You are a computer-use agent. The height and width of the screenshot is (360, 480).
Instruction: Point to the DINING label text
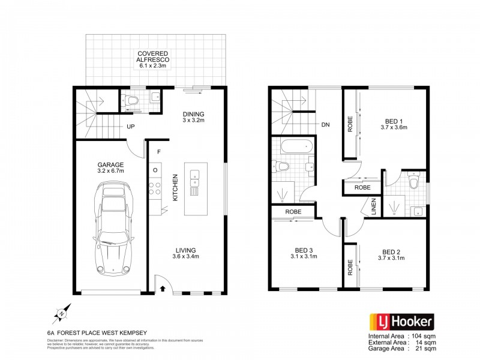(194, 115)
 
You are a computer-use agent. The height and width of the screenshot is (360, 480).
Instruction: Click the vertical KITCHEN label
(175, 188)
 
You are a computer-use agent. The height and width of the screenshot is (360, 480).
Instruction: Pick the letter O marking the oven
(155, 170)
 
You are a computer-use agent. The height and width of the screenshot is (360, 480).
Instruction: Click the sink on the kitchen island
(195, 176)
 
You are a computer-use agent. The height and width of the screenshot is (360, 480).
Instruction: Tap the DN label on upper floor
(325, 125)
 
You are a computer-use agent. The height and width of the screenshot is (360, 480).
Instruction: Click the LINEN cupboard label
(373, 206)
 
